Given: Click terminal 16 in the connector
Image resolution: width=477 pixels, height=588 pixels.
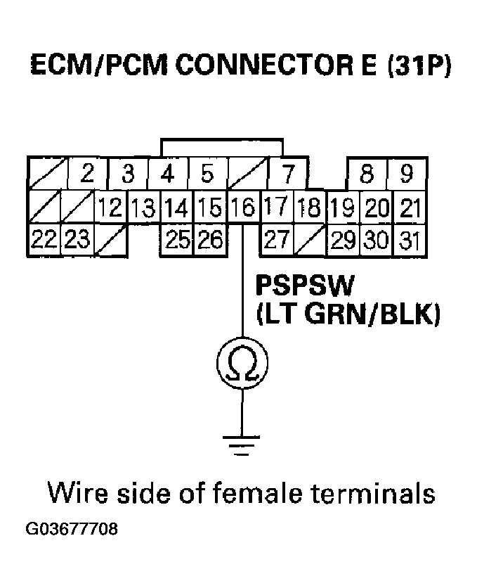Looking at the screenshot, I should (x=242, y=207).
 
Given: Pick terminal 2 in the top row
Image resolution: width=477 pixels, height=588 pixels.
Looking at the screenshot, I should (x=87, y=173).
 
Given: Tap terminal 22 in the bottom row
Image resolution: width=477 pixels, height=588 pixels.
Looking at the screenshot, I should (x=44, y=240).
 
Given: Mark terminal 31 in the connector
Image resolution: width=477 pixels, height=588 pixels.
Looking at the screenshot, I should (x=408, y=240).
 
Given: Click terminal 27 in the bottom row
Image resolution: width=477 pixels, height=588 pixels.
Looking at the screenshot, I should (x=277, y=240).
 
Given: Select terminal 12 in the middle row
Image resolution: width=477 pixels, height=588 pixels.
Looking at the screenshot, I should (x=110, y=207).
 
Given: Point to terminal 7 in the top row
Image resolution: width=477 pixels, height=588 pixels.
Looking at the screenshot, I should (x=286, y=173).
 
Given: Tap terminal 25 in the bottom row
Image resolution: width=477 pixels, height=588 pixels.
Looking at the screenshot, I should (x=178, y=240).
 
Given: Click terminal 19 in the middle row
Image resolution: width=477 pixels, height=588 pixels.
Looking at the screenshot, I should (x=342, y=207).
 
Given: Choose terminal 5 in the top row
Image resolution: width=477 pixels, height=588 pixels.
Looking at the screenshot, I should (x=207, y=173).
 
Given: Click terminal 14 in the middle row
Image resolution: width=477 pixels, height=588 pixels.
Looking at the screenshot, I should (x=178, y=207).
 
